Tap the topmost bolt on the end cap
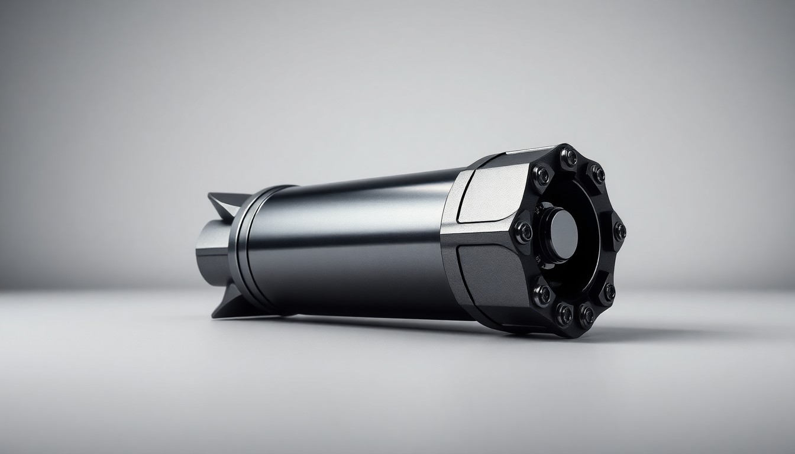tap(569, 157)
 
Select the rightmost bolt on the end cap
tap(619, 231)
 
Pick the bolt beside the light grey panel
tap(541, 174)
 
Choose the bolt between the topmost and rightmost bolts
tap(597, 173)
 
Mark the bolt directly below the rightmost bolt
tap(608, 291)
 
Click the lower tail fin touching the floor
tap(228, 307)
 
